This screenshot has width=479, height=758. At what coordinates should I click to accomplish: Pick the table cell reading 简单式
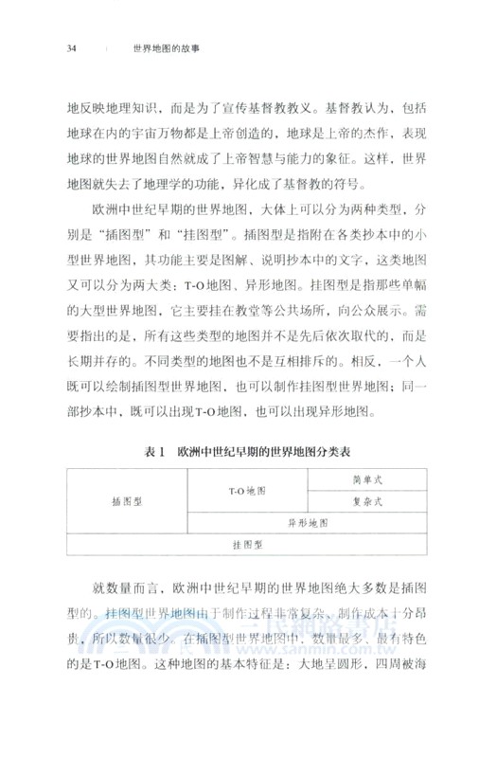tap(366, 480)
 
